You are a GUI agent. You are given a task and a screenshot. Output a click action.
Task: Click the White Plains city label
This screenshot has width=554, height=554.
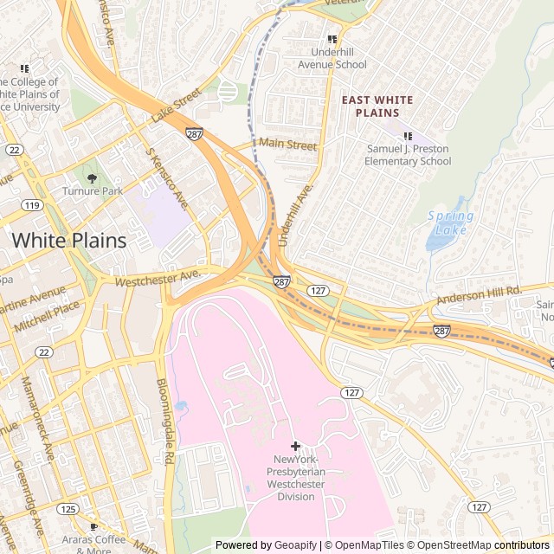68,240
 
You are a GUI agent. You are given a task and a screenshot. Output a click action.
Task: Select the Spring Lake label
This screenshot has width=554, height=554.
451,222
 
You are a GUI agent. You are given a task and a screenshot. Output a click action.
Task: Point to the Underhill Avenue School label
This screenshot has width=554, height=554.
332,58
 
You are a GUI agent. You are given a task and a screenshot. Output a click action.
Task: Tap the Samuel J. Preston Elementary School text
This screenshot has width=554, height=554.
407,155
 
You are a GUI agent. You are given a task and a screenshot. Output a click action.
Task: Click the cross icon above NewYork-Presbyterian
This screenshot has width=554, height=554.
295,446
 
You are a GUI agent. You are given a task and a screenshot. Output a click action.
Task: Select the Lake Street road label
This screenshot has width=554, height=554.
176,105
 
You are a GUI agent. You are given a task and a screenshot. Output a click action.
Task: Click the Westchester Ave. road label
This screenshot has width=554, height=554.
158,279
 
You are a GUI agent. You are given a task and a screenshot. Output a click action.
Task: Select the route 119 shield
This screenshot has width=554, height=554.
34,205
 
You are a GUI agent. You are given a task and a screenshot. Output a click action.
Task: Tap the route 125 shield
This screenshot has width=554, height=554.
68,509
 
